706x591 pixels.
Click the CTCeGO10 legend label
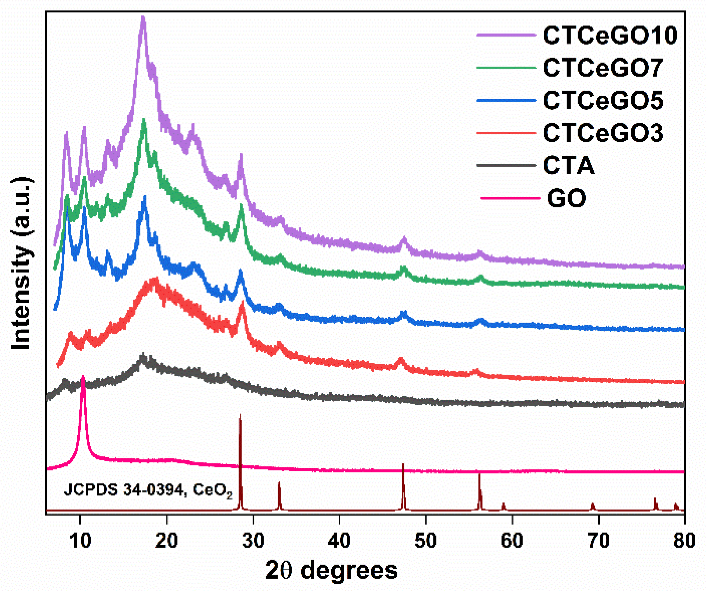tap(610, 35)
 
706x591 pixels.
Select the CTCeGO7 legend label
tap(603, 68)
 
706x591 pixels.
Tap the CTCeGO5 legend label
tap(603, 100)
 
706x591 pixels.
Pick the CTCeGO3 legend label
tap(603, 133)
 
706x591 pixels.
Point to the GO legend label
tap(567, 198)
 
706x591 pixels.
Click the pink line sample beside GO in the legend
tap(510, 198)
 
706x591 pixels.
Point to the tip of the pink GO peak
tap(83, 376)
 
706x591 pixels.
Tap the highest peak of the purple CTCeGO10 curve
tap(144, 17)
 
